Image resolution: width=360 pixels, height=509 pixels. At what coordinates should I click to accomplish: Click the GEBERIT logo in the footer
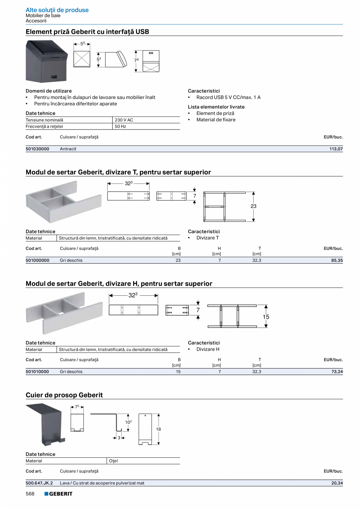tap(58, 494)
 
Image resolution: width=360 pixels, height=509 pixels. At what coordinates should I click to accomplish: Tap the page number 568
tap(30, 494)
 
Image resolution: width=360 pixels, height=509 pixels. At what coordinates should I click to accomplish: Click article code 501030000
tap(38, 149)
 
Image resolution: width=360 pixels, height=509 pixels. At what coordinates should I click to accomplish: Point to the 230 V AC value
tap(124, 120)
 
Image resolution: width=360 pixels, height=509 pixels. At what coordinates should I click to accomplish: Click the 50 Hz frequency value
tap(121, 126)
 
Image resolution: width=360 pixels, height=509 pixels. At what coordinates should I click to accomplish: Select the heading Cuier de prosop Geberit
tap(64, 395)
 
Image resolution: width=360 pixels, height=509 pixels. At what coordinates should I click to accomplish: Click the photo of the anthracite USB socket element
tap(47, 61)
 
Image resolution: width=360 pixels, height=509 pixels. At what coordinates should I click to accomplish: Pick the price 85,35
tap(337, 260)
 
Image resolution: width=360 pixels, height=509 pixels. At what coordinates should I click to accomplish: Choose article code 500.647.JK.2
tap(39, 483)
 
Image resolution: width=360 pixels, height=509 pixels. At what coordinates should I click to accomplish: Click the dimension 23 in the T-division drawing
tap(254, 206)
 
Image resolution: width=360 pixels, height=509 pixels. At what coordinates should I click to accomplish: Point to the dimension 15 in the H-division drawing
tap(266, 317)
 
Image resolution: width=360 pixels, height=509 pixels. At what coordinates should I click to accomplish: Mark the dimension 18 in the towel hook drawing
tap(158, 429)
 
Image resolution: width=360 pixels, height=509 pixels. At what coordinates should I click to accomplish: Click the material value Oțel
tap(113, 461)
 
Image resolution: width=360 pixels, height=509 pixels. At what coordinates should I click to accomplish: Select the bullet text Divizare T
tap(207, 238)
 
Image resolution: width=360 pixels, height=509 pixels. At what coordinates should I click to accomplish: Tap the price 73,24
tap(337, 372)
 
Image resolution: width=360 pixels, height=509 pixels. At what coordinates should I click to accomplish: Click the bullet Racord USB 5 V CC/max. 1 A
tap(228, 97)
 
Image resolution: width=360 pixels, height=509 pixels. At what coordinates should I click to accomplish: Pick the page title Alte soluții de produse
tap(57, 10)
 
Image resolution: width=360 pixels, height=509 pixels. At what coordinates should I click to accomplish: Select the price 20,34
tap(337, 483)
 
